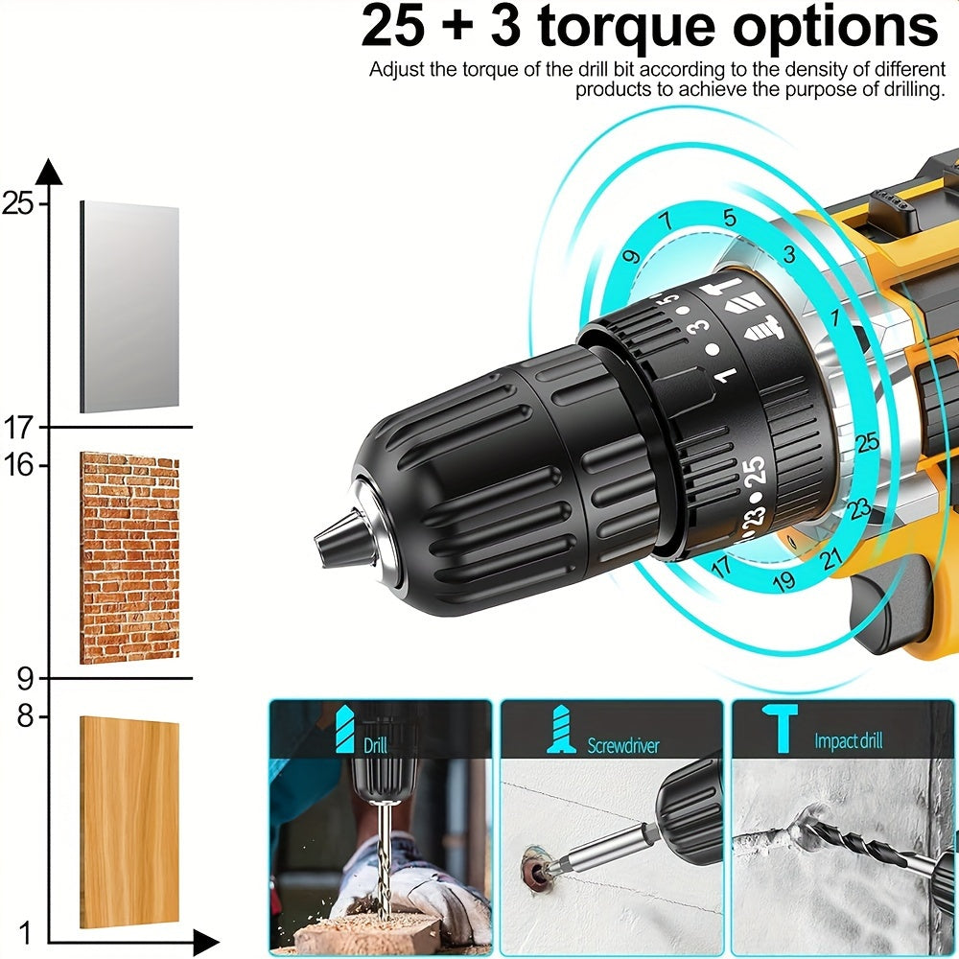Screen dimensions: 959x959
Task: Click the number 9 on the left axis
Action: click(25, 679)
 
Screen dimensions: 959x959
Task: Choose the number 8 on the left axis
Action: click(25, 716)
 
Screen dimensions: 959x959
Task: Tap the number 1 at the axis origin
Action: click(26, 932)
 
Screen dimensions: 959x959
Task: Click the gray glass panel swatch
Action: click(129, 307)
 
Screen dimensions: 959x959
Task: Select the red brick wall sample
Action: click(129, 558)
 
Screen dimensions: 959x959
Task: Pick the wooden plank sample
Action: click(129, 822)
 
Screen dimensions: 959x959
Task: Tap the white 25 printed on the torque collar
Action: click(755, 471)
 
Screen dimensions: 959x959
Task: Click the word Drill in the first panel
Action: click(376, 744)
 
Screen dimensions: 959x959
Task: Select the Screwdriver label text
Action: click(623, 744)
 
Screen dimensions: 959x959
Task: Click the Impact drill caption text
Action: click(848, 740)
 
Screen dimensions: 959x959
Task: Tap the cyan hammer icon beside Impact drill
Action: click(783, 726)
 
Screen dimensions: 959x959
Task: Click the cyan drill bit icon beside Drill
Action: click(343, 730)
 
